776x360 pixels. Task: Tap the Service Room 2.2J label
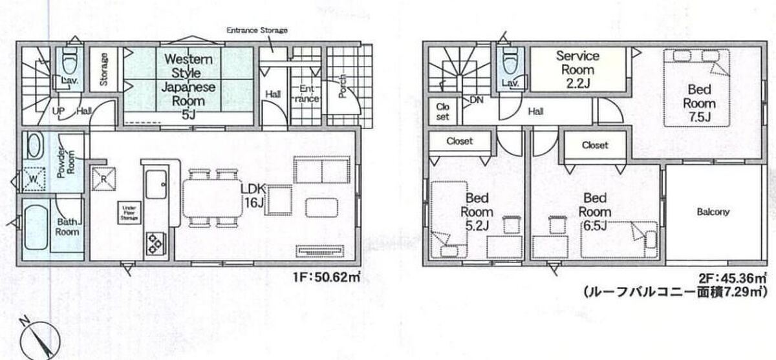tap(577, 70)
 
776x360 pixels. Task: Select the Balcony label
tap(713, 211)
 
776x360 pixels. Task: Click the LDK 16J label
tap(253, 196)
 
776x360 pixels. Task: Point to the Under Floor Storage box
tap(129, 213)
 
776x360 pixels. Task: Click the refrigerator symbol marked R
tap(103, 178)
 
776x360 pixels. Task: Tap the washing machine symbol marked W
tap(34, 179)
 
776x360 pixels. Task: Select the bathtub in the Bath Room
tap(36, 227)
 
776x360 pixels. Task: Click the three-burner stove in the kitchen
tap(155, 244)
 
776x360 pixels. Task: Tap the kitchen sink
tap(156, 184)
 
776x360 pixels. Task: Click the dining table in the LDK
tap(212, 198)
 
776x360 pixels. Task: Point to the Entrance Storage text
tap(257, 30)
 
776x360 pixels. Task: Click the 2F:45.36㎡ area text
tap(732, 278)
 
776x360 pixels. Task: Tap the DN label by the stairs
tap(477, 100)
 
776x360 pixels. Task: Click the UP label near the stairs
tap(58, 111)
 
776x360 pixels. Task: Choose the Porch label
tap(342, 86)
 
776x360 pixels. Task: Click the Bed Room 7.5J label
tap(699, 103)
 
